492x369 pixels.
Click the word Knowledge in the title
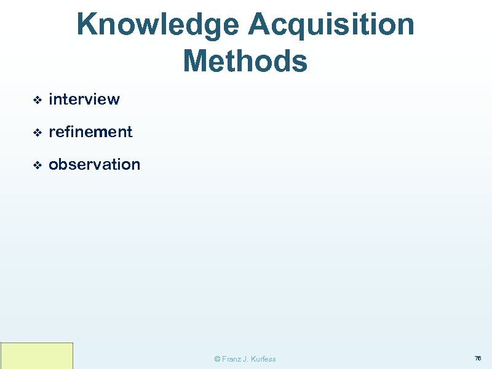[158, 25]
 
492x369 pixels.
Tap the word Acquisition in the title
[331, 25]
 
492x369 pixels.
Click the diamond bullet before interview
[37, 100]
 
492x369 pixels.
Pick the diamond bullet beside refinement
[37, 132]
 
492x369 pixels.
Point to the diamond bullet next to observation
[37, 165]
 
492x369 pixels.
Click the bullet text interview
[84, 99]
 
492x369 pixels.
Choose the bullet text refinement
[90, 132]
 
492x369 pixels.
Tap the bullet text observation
[94, 164]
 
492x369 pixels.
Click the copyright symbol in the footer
[216, 359]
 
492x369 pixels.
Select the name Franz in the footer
[231, 359]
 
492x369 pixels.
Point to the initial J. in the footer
[247, 359]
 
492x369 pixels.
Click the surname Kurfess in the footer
[264, 359]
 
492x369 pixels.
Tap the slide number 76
[477, 358]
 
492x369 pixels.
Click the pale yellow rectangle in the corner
[37, 355]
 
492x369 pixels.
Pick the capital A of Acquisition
[260, 25]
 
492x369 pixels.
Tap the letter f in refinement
[69, 131]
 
